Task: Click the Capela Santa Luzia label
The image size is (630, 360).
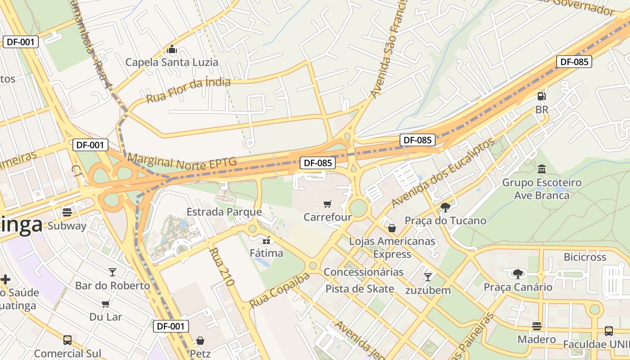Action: tap(171, 62)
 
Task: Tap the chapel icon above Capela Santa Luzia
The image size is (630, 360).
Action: tap(171, 49)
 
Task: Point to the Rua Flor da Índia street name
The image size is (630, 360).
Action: tap(188, 90)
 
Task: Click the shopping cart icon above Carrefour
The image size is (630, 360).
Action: tap(328, 204)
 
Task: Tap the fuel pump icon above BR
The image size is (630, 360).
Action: tap(542, 96)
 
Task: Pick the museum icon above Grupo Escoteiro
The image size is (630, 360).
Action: tap(542, 169)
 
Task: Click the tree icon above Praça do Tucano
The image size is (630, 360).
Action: tap(445, 207)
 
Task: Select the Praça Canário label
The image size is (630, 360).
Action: tap(517, 287)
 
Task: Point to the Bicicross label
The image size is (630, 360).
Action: tap(585, 257)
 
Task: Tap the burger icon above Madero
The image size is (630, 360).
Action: tap(536, 326)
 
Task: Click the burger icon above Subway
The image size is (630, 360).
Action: tap(67, 212)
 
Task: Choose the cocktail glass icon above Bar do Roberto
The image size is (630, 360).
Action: tap(112, 272)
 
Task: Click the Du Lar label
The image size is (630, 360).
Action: tap(106, 317)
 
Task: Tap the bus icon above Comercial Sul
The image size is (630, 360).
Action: tap(67, 340)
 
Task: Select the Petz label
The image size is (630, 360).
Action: tap(200, 354)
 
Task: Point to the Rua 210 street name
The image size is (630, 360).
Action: tap(222, 267)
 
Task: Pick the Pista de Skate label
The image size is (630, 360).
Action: tap(360, 289)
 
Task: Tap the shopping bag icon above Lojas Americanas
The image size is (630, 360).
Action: tap(392, 228)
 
